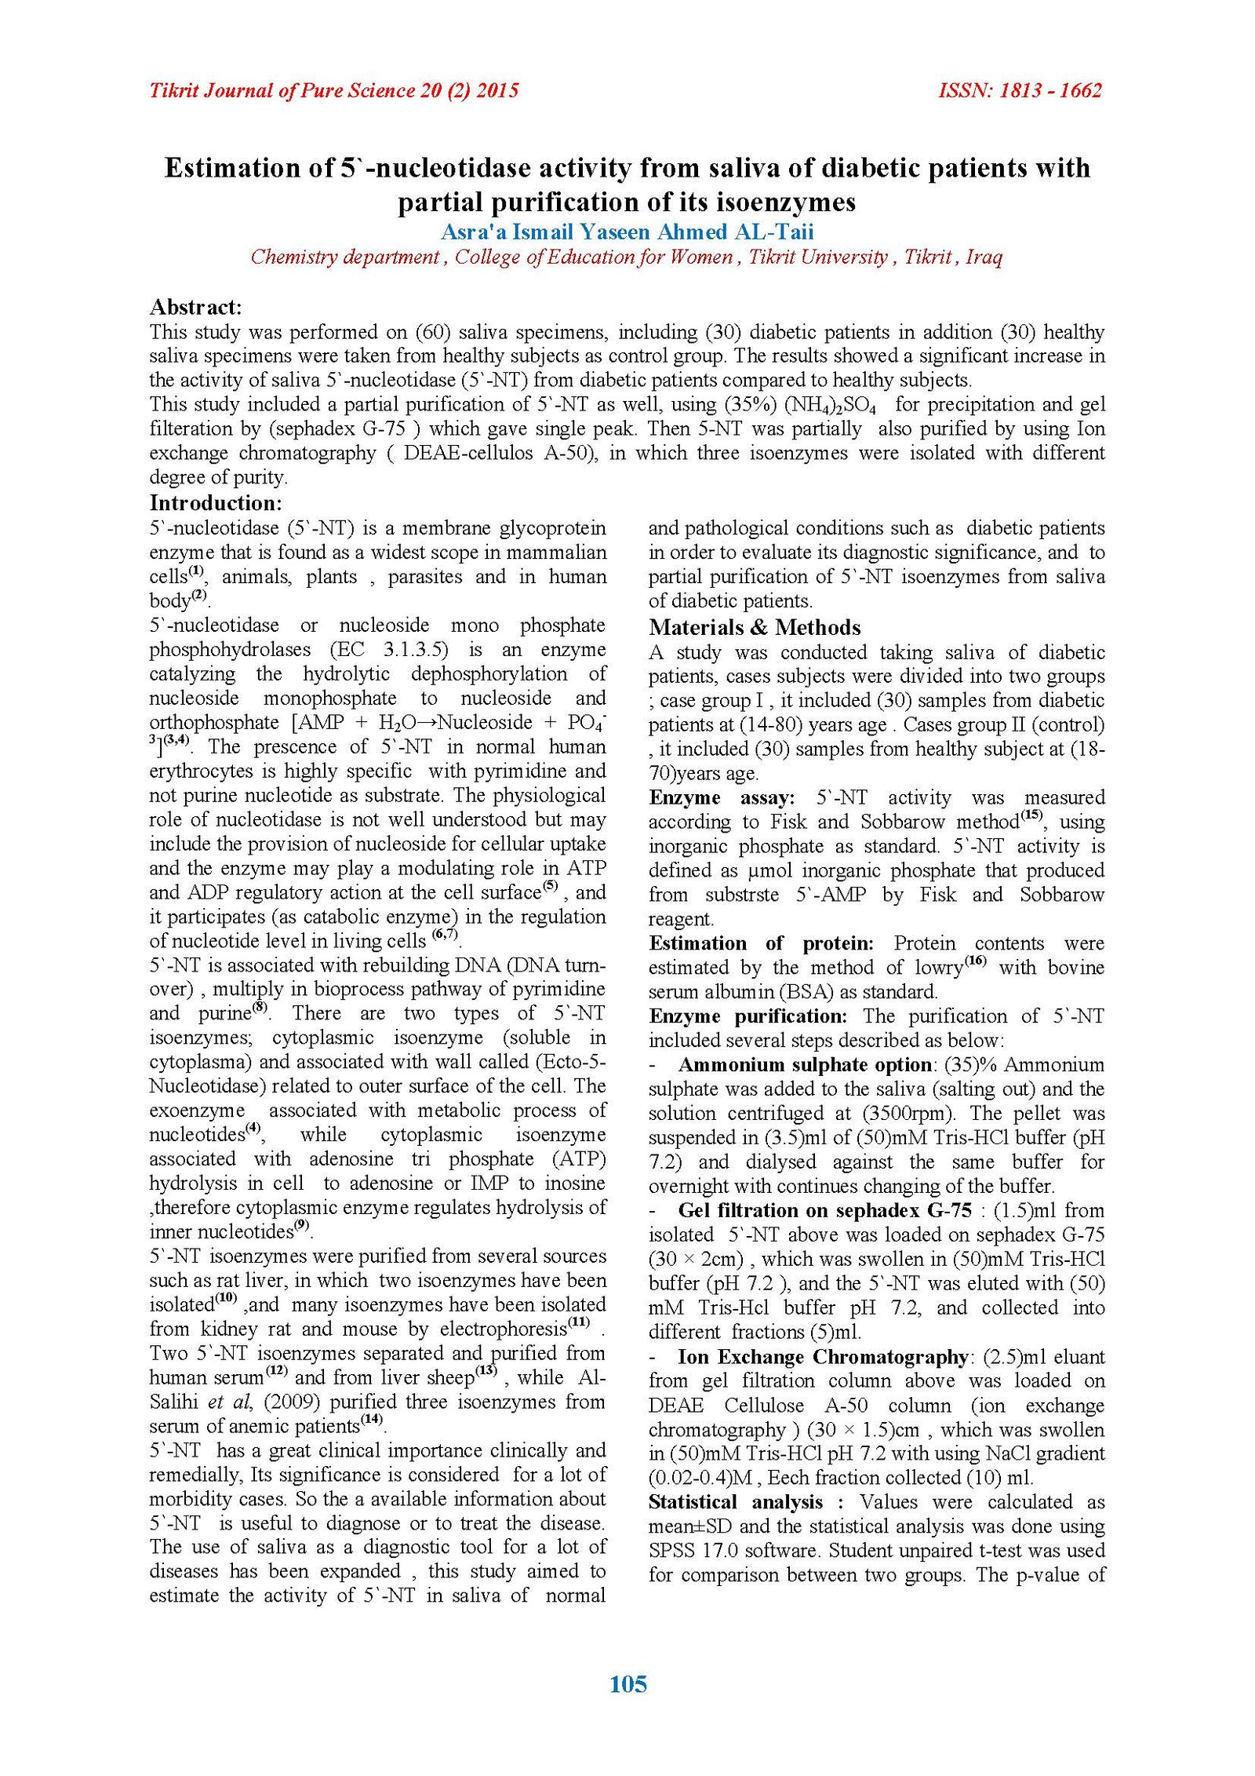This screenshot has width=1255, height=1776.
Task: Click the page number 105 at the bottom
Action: click(627, 1683)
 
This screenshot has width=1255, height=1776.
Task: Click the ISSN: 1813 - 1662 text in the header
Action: click(1020, 91)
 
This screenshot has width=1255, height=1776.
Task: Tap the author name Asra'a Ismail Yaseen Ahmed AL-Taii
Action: click(627, 232)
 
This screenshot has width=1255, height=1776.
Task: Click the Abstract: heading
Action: click(195, 306)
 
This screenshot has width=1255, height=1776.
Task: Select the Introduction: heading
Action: click(216, 502)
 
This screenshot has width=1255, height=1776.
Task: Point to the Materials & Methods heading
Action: click(755, 627)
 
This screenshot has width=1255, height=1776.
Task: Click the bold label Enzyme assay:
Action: click(722, 797)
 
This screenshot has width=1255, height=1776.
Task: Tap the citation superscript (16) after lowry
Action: click(975, 961)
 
